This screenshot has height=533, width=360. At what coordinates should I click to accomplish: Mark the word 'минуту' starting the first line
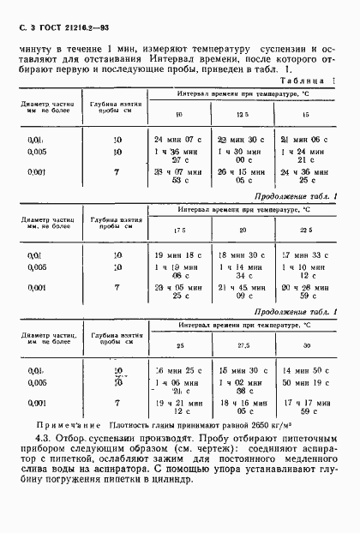(37, 48)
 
